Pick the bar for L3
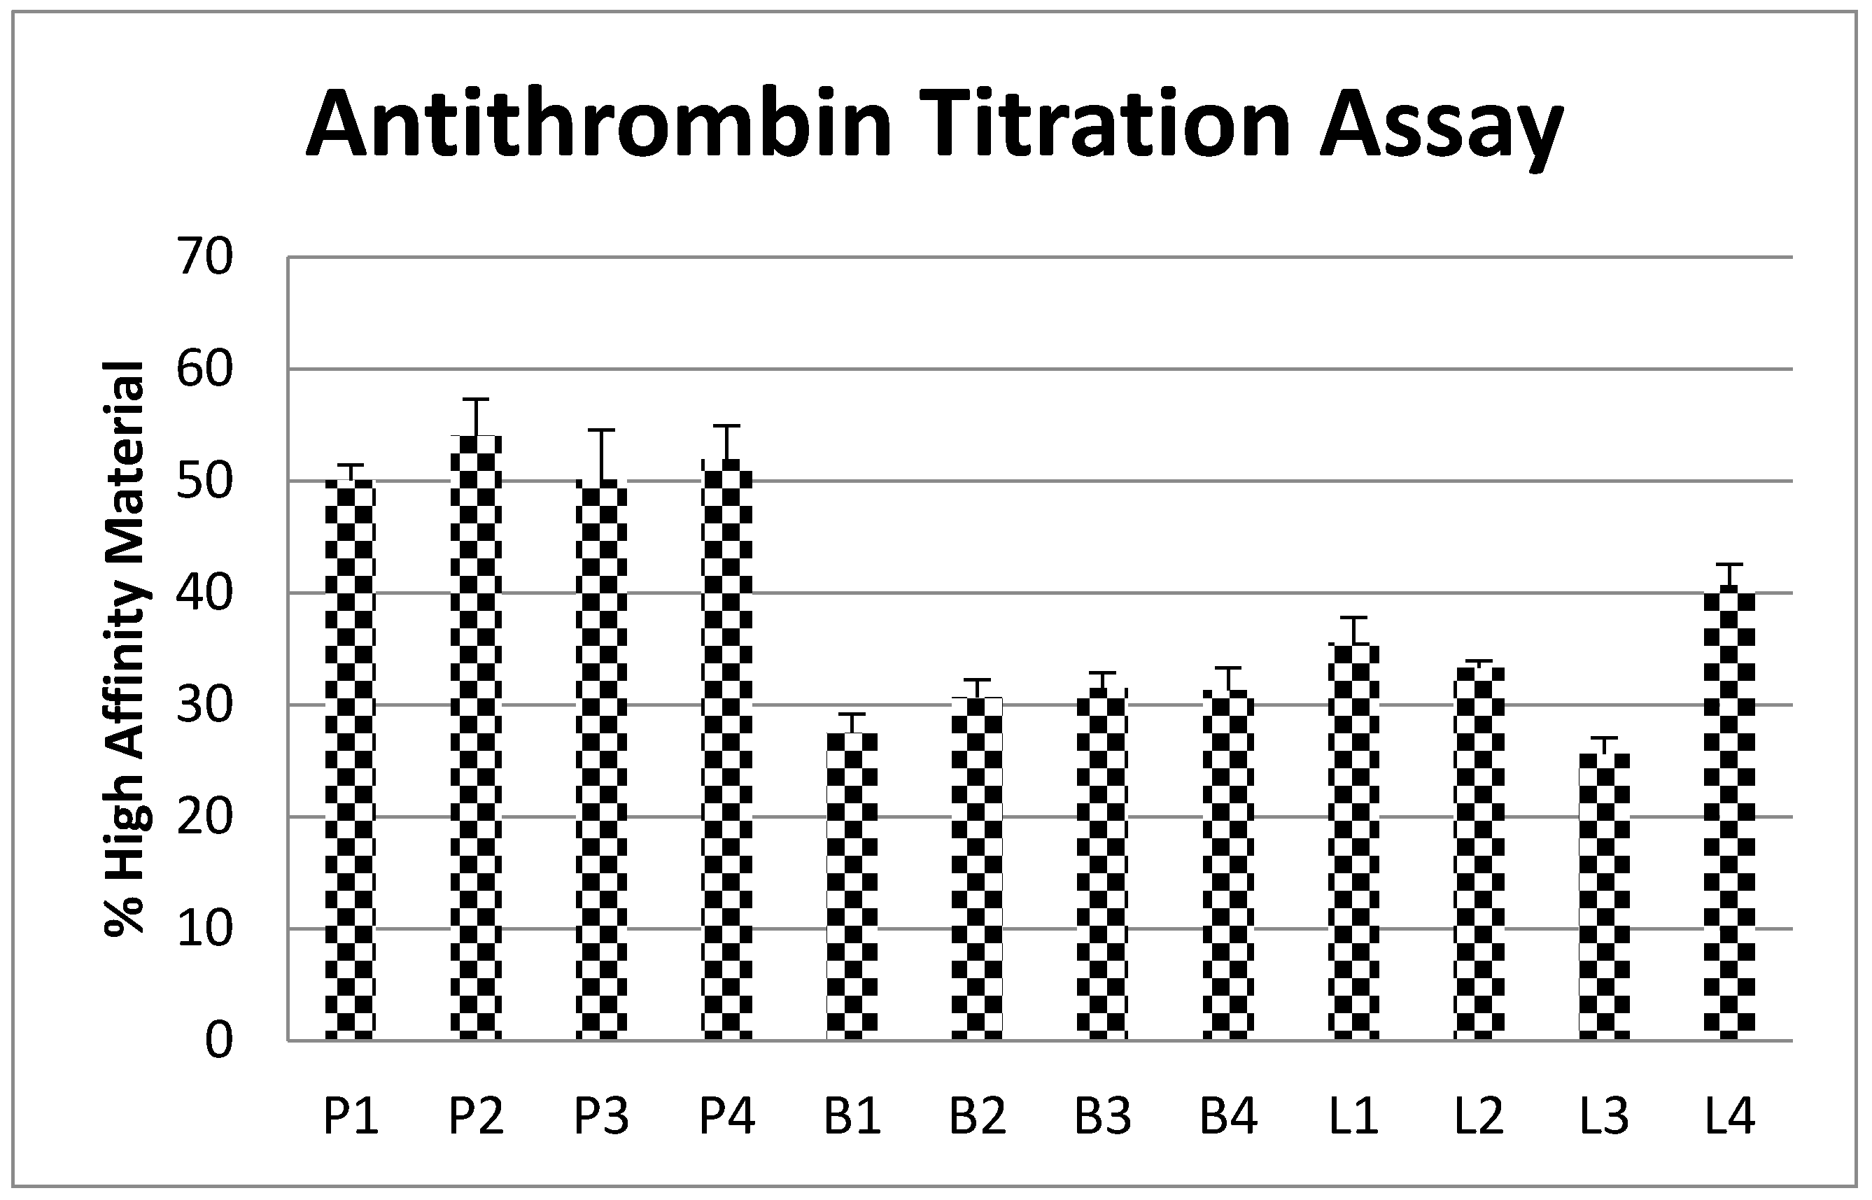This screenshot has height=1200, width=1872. click(1604, 896)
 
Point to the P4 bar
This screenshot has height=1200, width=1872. click(727, 749)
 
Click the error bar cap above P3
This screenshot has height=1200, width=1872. click(601, 430)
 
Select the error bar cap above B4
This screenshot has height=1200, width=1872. click(1228, 668)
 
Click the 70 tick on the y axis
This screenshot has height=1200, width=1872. click(205, 257)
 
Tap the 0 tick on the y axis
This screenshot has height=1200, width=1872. click(219, 1041)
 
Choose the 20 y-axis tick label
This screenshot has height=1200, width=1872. click(205, 817)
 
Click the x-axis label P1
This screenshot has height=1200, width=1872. click(351, 1117)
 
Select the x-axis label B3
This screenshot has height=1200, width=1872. click(1103, 1117)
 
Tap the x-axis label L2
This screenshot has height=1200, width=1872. click(1479, 1117)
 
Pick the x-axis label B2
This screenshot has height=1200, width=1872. click(978, 1117)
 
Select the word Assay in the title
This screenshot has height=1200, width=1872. click(1441, 129)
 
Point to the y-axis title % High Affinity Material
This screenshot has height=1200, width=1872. click(125, 647)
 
